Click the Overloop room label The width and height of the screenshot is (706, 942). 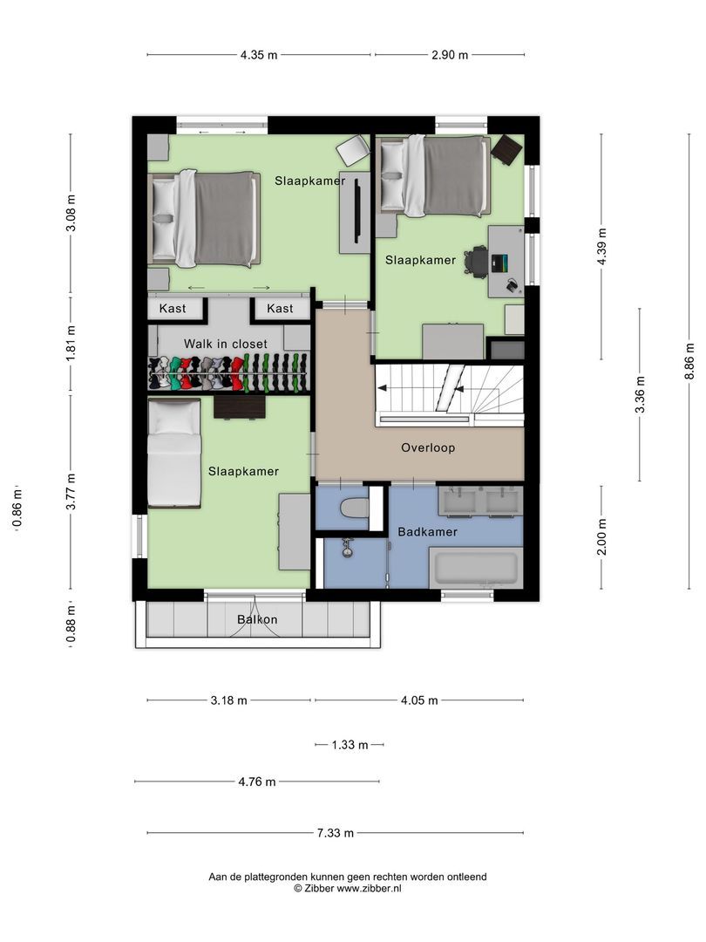(428, 448)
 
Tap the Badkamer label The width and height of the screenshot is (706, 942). (427, 531)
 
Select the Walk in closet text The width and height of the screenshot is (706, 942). (225, 344)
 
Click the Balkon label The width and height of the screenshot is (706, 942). (257, 620)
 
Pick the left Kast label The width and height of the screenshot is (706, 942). (173, 309)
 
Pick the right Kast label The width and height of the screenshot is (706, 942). (280, 309)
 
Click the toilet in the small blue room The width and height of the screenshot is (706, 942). (354, 509)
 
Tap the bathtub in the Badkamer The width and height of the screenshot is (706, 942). (476, 568)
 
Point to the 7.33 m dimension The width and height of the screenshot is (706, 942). (335, 833)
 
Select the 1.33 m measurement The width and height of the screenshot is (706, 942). (350, 745)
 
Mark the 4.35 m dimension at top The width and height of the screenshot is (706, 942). (259, 55)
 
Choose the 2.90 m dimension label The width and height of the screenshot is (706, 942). (450, 55)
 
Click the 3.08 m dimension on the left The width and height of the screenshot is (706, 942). (71, 214)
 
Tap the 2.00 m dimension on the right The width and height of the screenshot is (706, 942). (602, 536)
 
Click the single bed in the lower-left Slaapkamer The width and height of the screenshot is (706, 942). (173, 454)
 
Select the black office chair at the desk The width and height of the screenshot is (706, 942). (476, 261)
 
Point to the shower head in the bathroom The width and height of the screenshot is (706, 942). (348, 548)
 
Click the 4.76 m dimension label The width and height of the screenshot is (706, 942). (257, 782)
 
